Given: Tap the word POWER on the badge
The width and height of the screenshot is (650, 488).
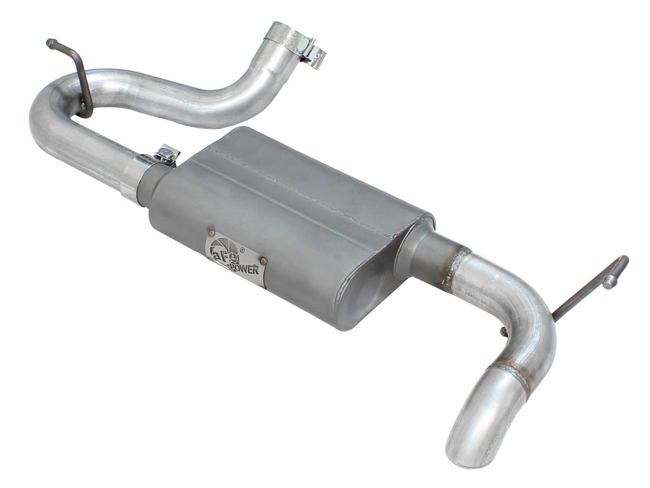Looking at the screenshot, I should [243, 267].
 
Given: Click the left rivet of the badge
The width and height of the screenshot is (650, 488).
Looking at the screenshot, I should [212, 234].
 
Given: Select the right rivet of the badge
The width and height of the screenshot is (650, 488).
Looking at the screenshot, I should [263, 261].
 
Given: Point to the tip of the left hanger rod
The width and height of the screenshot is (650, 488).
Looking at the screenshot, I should [50, 43].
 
